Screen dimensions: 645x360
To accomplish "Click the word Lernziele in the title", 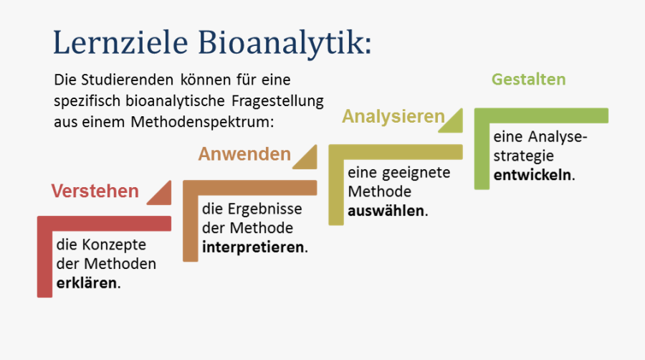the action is coord(120,42).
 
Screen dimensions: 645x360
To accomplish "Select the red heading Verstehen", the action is coord(95,191).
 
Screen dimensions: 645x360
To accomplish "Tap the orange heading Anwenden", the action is coord(245,154).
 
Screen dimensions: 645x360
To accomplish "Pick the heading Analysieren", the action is coord(393,117).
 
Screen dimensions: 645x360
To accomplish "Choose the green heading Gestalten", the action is coord(529,79).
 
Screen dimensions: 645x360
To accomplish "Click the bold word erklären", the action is coord(87,283).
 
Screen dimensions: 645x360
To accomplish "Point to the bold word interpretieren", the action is coord(253,247).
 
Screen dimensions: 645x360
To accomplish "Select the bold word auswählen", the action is coord(386,211).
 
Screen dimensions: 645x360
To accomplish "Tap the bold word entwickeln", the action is coord(532,175).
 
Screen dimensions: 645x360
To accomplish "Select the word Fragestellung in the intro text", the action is coord(277,101).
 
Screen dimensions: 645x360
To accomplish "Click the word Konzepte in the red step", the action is coord(114,245).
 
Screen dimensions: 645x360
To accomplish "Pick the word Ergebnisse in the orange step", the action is coord(265,209).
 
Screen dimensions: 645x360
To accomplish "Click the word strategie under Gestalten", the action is coord(524,156).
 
